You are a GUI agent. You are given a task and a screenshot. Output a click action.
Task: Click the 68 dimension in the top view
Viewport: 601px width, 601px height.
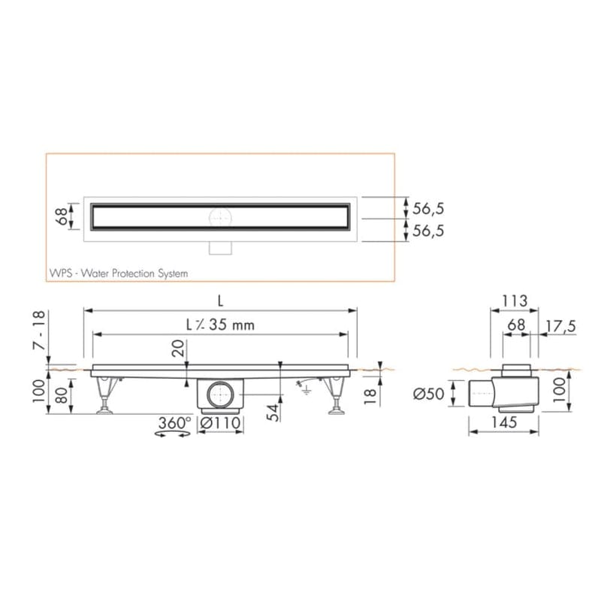tap(60, 216)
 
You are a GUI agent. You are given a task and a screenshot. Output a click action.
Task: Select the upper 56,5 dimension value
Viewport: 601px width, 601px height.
tap(428, 207)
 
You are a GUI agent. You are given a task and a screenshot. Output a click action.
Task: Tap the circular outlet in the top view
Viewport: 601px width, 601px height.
tap(220, 218)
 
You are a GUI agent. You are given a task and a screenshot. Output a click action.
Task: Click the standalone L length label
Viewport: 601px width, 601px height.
tap(220, 300)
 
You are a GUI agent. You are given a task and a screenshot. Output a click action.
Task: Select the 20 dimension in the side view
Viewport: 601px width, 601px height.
tap(177, 350)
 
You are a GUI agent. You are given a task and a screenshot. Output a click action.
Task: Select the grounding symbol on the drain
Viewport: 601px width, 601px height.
tap(305, 387)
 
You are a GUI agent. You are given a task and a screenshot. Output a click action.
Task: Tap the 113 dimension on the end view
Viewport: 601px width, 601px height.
tap(514, 301)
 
